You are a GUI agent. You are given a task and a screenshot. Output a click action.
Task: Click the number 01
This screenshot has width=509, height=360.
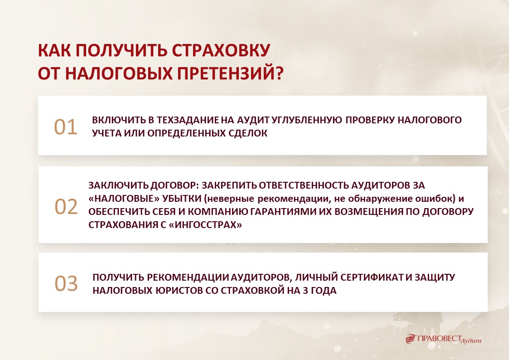point(66,127)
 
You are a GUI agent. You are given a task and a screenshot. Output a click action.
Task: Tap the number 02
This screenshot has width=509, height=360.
point(66,206)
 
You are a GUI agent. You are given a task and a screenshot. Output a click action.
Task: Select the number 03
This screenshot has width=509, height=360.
point(66,284)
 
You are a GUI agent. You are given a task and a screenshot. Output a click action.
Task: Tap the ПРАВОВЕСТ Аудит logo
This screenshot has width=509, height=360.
point(443,339)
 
